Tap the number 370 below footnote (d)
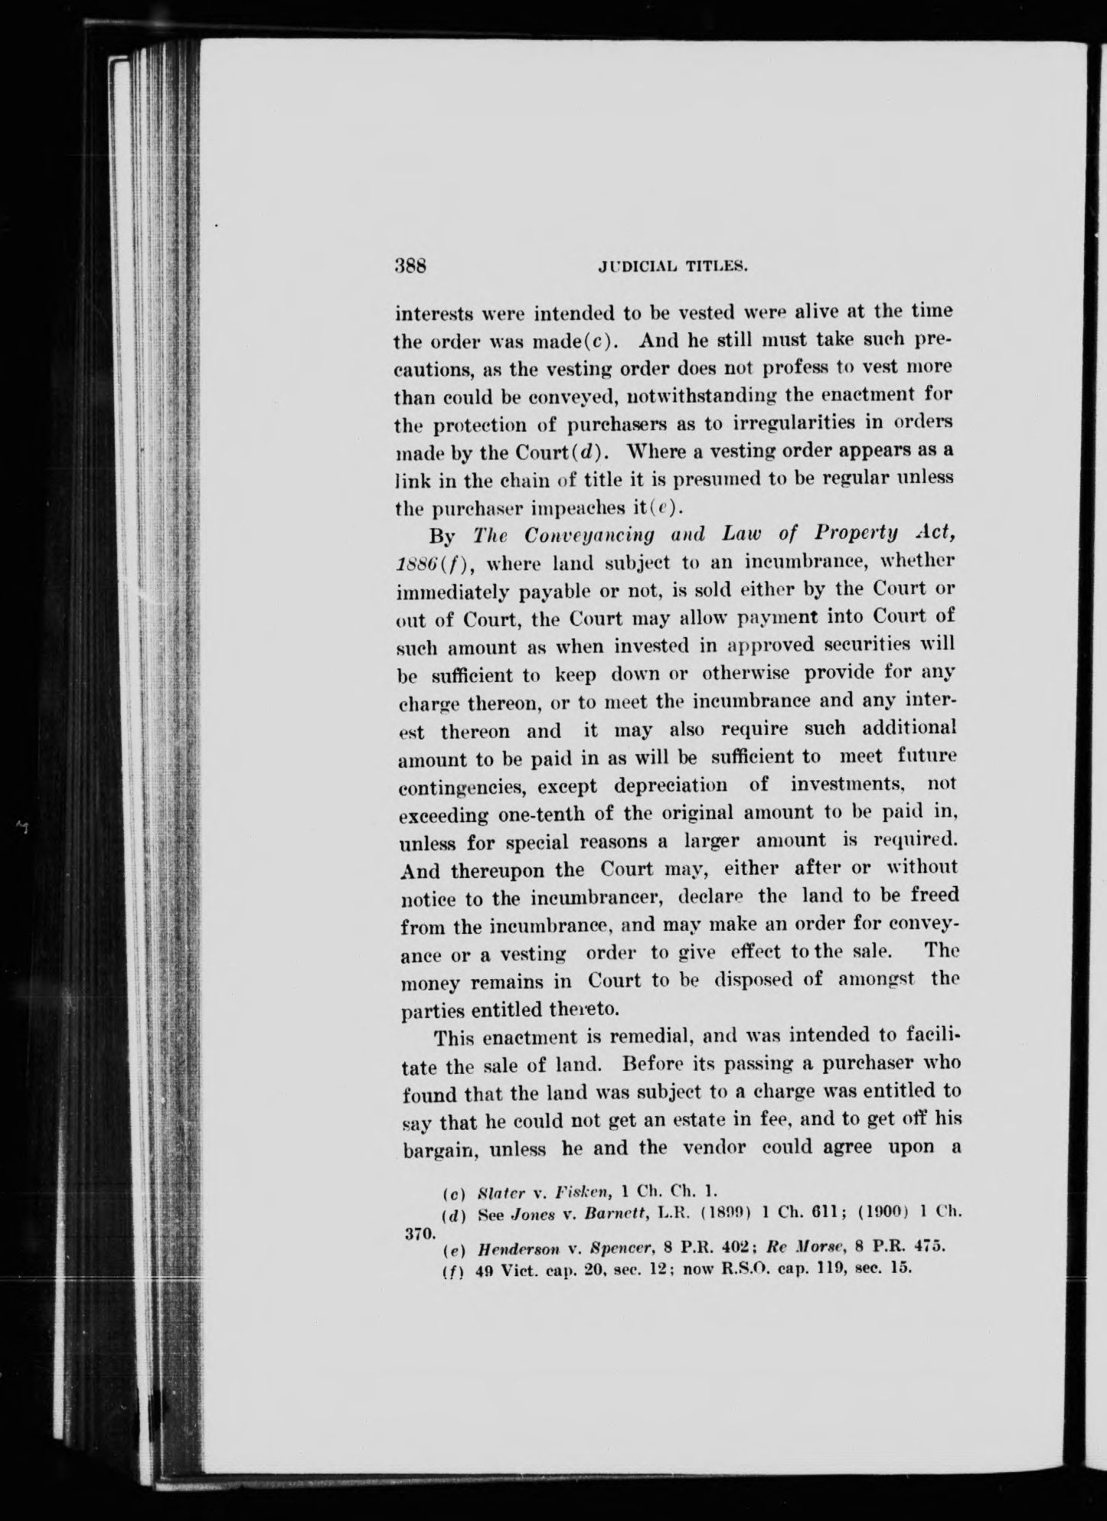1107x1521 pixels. coord(417,1234)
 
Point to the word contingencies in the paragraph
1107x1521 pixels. coord(462,787)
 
